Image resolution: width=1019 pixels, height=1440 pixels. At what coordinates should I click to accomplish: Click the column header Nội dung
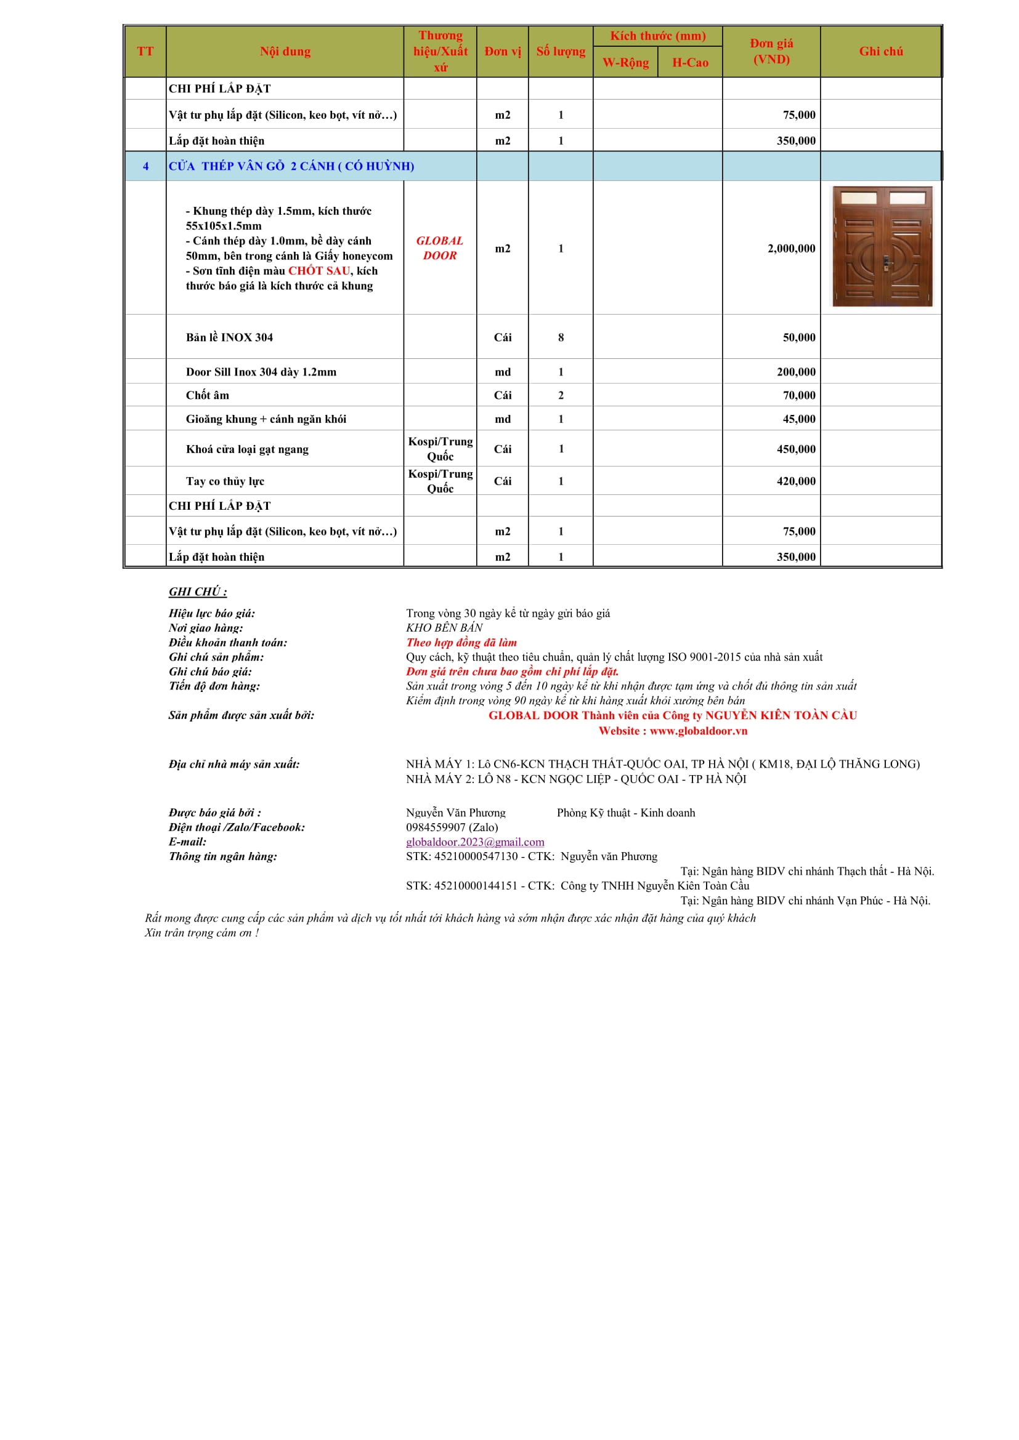285,52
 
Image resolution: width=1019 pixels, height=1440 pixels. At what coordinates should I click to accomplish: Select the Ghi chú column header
880,52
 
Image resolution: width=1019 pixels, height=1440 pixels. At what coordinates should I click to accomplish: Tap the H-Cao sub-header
689,63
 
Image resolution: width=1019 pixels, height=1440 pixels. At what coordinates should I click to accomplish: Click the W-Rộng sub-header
625,63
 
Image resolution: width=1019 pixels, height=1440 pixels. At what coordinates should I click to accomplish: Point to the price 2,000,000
790,248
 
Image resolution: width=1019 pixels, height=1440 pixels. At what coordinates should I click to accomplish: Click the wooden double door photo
882,246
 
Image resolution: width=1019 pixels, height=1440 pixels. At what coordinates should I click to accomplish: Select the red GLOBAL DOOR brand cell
440,247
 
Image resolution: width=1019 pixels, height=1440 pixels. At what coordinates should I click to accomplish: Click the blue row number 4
145,166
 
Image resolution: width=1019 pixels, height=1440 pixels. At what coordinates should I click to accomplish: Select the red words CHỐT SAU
319,271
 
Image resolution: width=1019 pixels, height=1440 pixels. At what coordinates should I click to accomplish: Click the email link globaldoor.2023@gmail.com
475,842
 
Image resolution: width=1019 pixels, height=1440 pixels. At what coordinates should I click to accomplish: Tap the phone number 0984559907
435,827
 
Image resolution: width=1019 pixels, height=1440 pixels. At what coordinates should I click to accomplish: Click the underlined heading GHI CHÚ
198,592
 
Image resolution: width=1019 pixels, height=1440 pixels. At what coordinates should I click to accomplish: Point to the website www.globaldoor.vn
699,731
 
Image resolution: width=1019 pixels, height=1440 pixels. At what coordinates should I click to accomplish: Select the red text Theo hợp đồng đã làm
461,642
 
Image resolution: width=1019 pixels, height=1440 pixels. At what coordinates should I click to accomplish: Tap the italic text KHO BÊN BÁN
444,628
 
